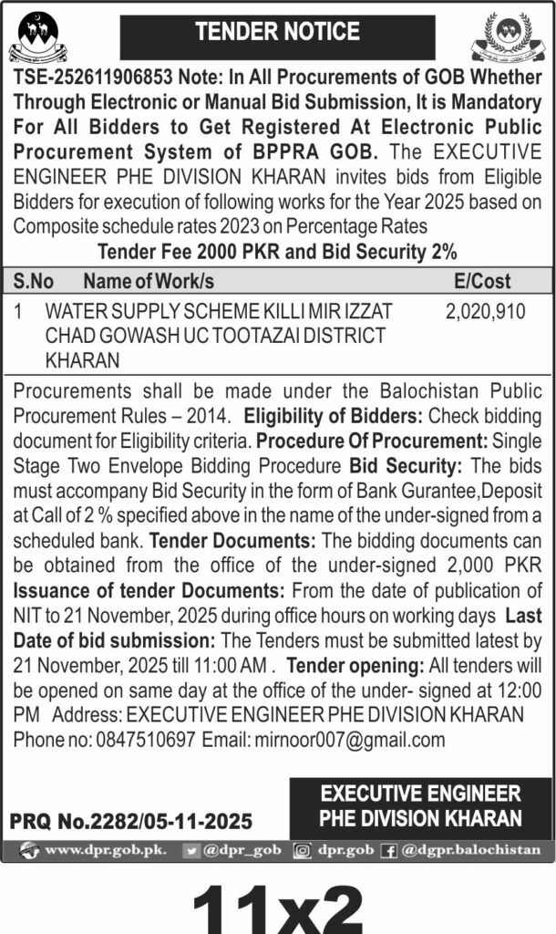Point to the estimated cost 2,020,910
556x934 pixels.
click(x=485, y=312)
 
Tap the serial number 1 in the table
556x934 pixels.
click(x=19, y=312)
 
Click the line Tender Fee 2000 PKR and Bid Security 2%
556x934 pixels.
click(x=278, y=249)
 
